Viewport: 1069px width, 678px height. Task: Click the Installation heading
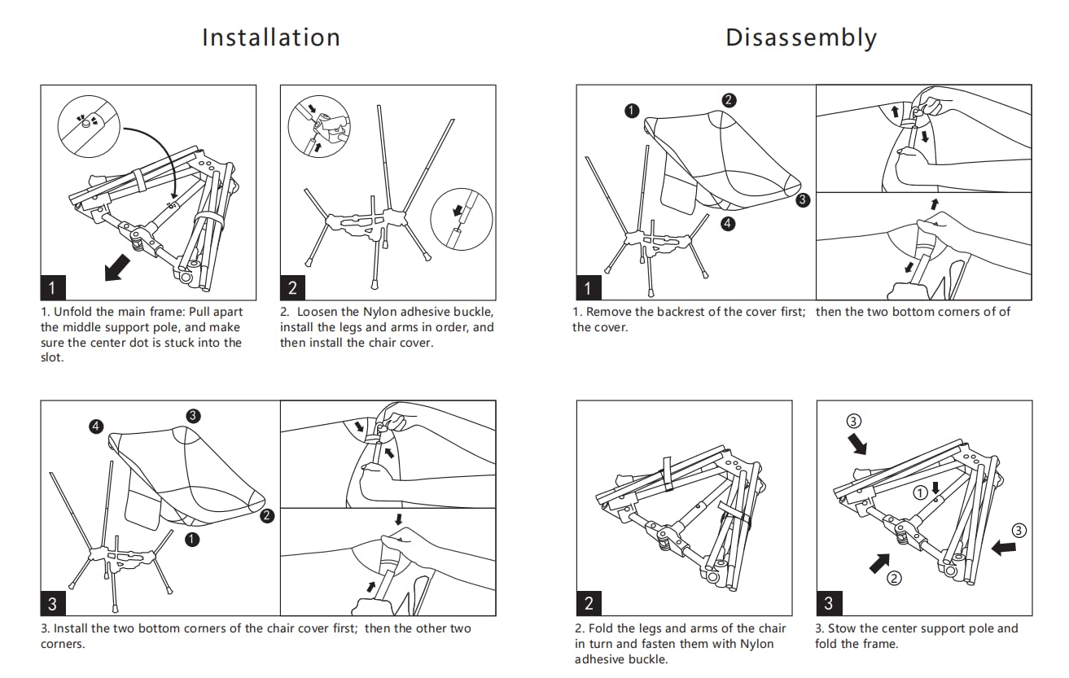coord(271,38)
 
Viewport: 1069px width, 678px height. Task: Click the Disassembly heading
coord(800,38)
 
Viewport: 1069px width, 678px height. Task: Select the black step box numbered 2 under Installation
coord(293,287)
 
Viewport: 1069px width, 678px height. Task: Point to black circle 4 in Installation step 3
coord(97,426)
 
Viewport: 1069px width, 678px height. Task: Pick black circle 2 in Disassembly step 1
coord(729,100)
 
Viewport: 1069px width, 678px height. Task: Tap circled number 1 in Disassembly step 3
coord(920,492)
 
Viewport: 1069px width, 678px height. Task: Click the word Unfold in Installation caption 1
coord(73,312)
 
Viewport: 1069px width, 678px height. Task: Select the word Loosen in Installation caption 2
coord(317,312)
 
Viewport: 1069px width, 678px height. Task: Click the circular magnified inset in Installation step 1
coord(89,127)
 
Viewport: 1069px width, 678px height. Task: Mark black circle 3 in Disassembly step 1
coord(804,199)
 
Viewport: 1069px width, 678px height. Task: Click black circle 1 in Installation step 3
coord(191,539)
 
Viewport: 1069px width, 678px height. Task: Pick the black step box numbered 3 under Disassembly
coord(829,603)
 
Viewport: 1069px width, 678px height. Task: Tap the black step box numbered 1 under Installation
coord(53,287)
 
